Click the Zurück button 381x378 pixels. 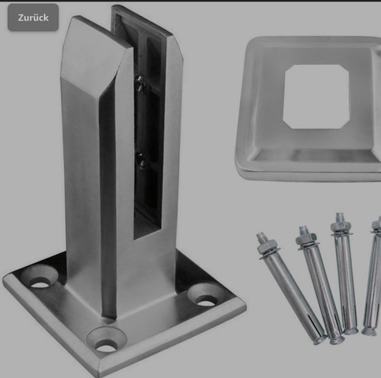(x=33, y=18)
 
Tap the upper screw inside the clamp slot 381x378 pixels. (x=139, y=84)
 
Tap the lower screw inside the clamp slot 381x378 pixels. (x=140, y=160)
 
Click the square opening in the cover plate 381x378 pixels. (x=316, y=97)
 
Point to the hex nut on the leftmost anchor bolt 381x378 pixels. (x=265, y=245)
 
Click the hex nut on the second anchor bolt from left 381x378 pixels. (x=306, y=239)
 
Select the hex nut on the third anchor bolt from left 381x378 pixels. (x=341, y=225)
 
